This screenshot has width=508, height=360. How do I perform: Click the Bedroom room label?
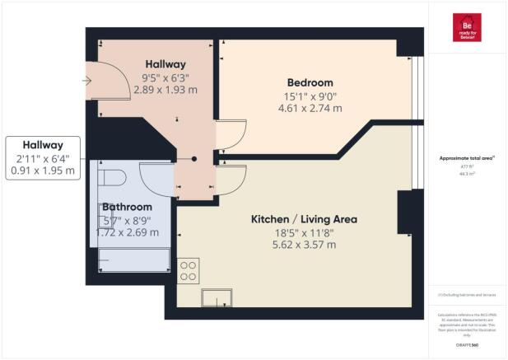[x=310, y=82]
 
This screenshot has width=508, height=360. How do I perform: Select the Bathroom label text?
[x=128, y=207]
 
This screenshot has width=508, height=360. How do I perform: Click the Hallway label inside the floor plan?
[x=165, y=63]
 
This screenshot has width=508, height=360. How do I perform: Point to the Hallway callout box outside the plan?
[x=42, y=157]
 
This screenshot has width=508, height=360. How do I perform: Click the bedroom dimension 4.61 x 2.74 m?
[x=310, y=108]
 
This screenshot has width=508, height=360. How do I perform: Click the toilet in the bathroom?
[x=109, y=177]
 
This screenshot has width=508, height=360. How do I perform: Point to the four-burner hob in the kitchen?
[x=189, y=271]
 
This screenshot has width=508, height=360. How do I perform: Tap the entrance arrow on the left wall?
[x=86, y=81]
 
